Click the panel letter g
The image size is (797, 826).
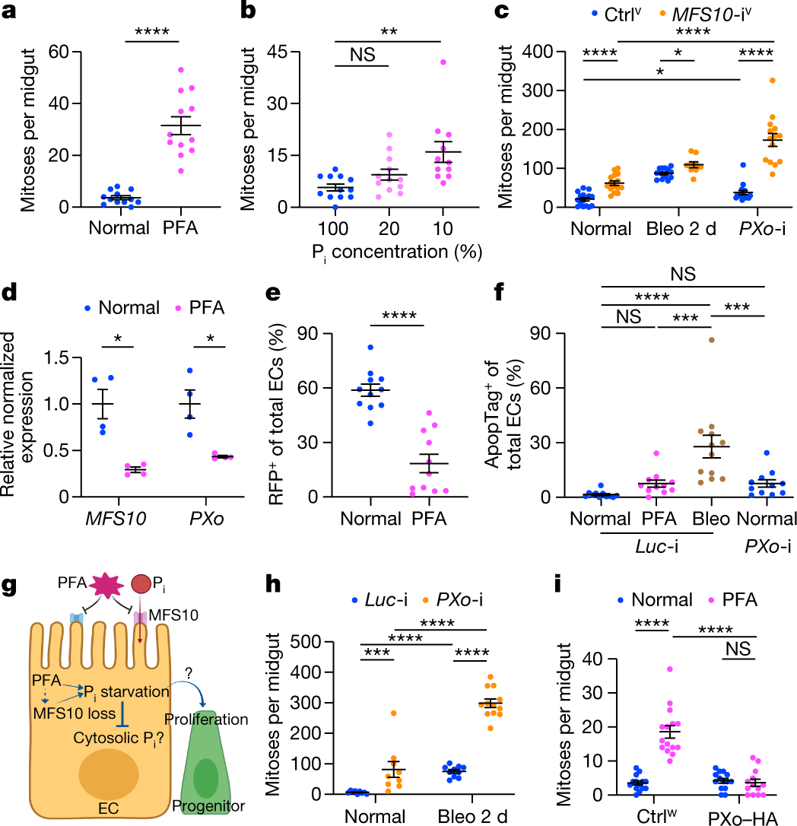pos(10,586)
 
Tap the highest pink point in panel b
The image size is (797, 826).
pos(443,62)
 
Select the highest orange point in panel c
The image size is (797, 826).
pos(772,81)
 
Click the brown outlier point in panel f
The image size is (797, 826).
pos(711,340)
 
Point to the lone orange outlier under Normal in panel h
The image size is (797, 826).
pos(393,713)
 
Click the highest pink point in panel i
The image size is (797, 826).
pos(670,669)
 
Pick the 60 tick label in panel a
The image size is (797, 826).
pos(59,52)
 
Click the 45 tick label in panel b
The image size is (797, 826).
pos(278,52)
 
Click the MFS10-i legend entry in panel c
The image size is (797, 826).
pos(707,14)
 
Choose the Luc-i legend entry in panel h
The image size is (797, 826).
pos(379,599)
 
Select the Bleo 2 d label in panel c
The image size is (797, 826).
pos(681,229)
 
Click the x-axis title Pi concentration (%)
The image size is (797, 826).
pos(397,253)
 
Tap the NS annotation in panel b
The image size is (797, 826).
pos(363,54)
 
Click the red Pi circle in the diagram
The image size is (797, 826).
pos(141,584)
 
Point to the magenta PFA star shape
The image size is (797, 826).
pos(107,585)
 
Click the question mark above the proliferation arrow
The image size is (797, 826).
pos(189,672)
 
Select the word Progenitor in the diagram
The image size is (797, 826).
pos(208,806)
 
